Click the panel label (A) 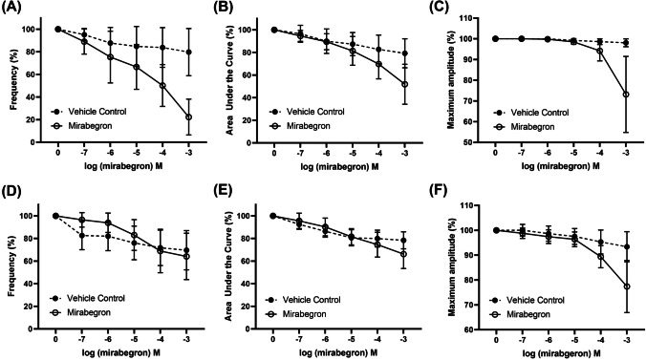[x=13, y=9]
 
